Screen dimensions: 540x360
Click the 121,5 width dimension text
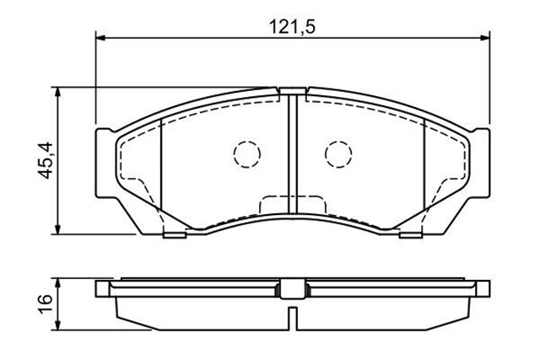tap(292, 26)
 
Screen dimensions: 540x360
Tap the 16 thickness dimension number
tap(46, 303)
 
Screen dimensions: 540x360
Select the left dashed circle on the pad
tap(247, 154)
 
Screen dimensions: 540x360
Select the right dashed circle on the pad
tap(338, 154)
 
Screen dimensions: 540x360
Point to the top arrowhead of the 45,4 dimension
tap(58, 92)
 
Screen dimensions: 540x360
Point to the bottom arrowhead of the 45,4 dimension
tap(58, 229)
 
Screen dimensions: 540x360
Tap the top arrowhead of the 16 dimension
tap(58, 283)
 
